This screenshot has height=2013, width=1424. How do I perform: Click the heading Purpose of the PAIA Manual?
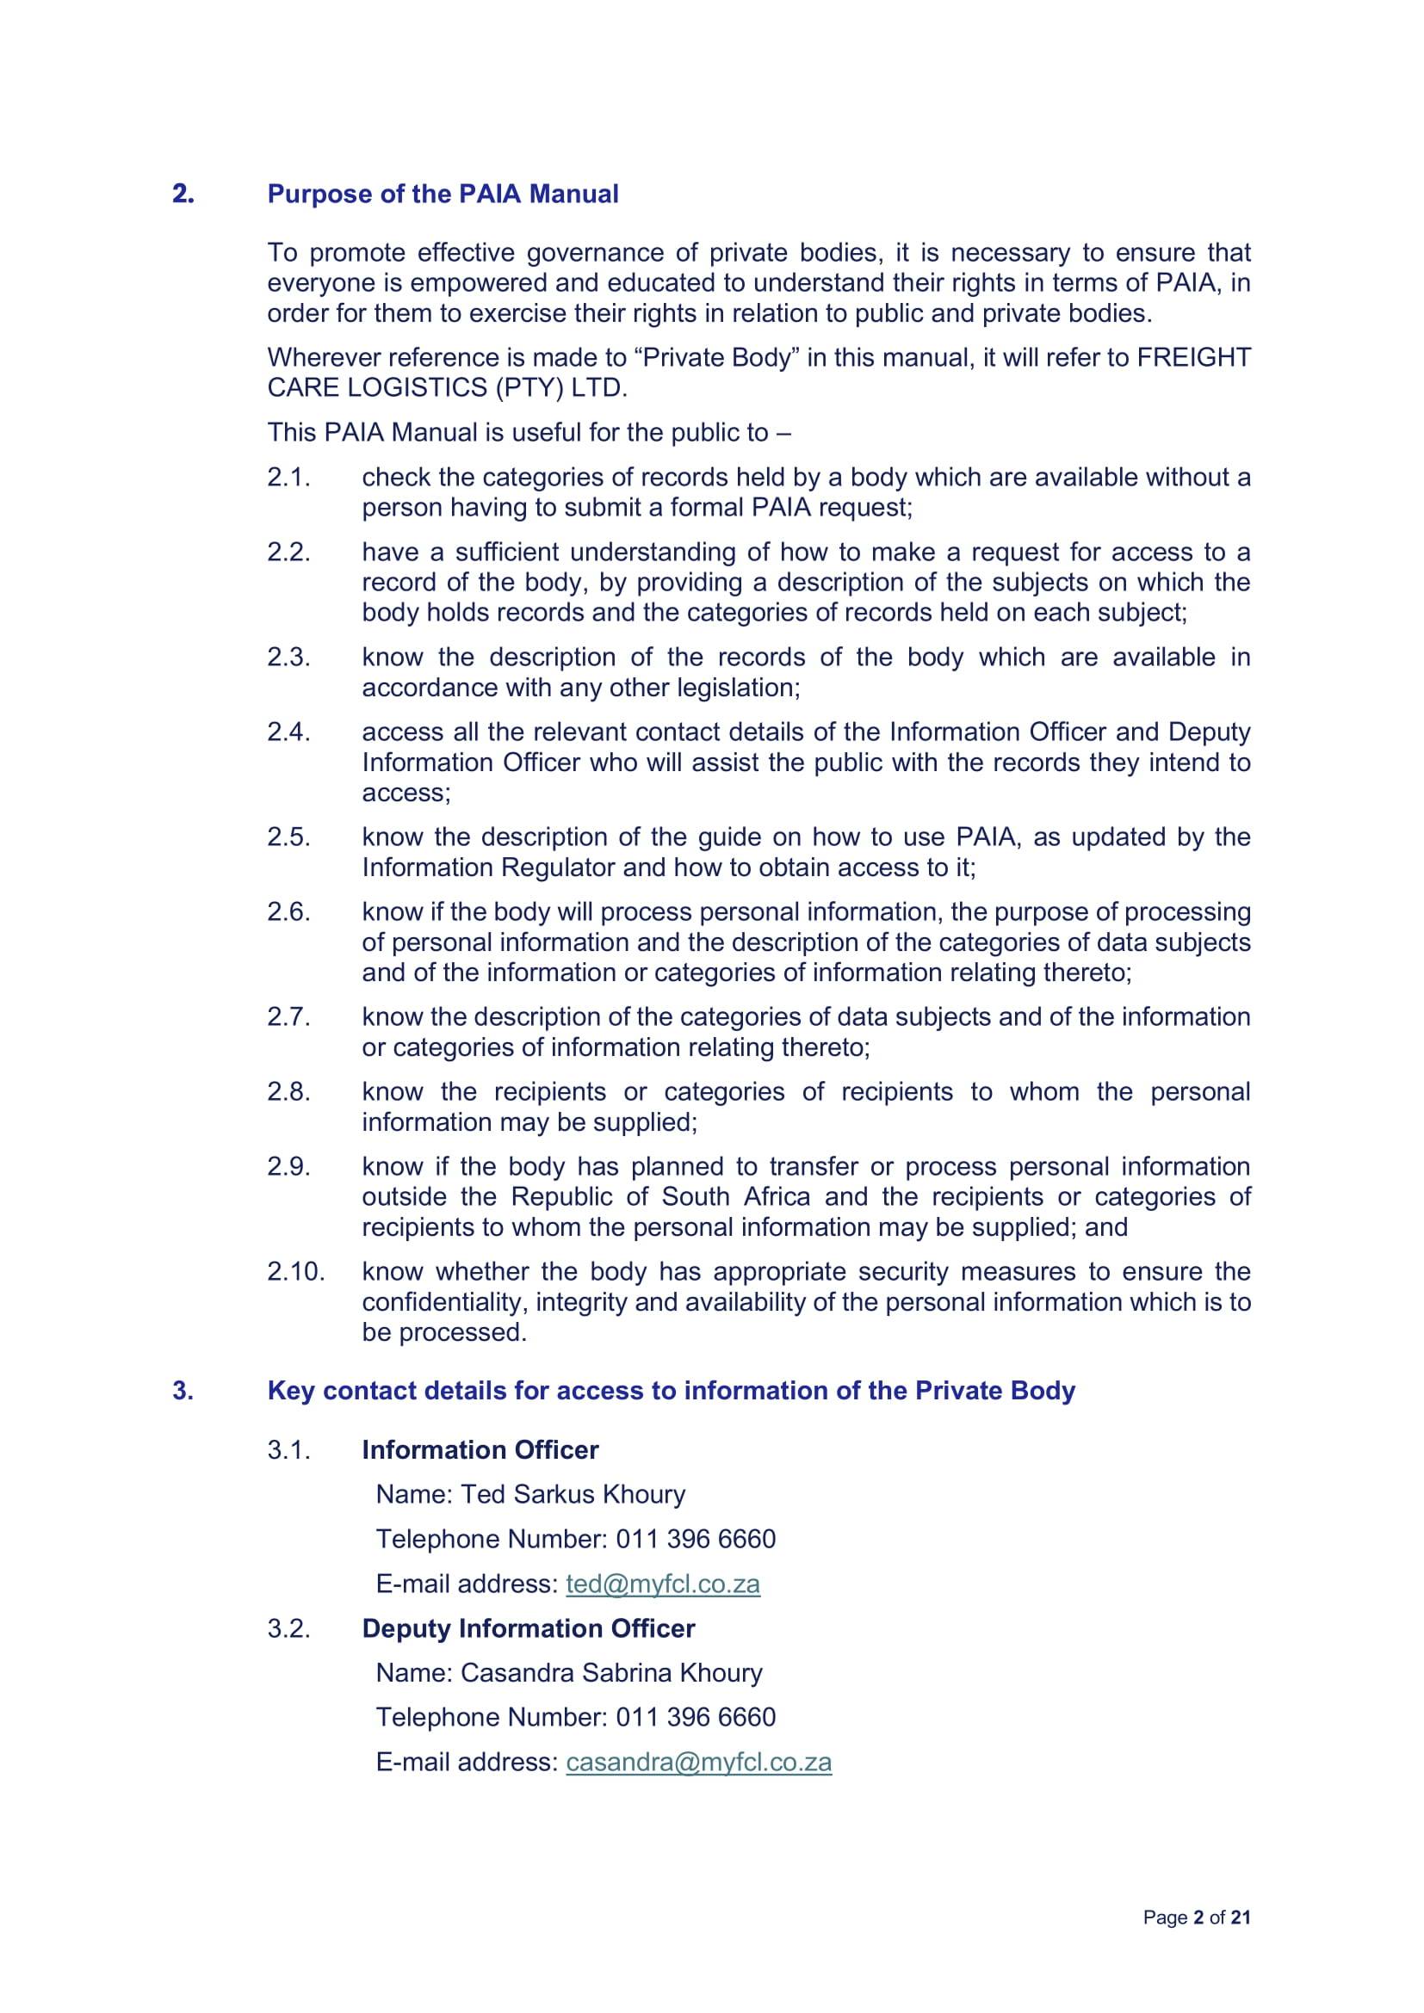click(443, 194)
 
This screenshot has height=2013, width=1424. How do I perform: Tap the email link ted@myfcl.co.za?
click(663, 1584)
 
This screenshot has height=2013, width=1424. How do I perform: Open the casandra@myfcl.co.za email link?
click(699, 1763)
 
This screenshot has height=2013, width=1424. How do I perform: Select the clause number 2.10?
click(295, 1271)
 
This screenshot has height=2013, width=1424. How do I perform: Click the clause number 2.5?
click(289, 837)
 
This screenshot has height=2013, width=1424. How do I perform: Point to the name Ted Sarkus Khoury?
click(573, 1494)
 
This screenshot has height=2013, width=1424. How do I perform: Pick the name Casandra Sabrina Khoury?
click(611, 1673)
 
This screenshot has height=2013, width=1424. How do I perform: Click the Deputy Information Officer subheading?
click(528, 1628)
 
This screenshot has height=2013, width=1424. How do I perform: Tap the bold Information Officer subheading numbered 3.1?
click(480, 1450)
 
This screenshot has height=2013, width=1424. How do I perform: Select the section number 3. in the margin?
click(183, 1392)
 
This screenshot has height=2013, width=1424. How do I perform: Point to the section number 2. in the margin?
click(183, 194)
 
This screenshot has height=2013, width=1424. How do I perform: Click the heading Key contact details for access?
click(671, 1392)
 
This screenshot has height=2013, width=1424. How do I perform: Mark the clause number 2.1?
click(289, 478)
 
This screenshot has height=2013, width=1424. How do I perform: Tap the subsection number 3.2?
click(289, 1629)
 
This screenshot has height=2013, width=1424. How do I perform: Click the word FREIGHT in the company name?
click(1193, 358)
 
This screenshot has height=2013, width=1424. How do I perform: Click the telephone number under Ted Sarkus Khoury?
click(696, 1539)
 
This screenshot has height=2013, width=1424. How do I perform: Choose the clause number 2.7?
click(289, 1017)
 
